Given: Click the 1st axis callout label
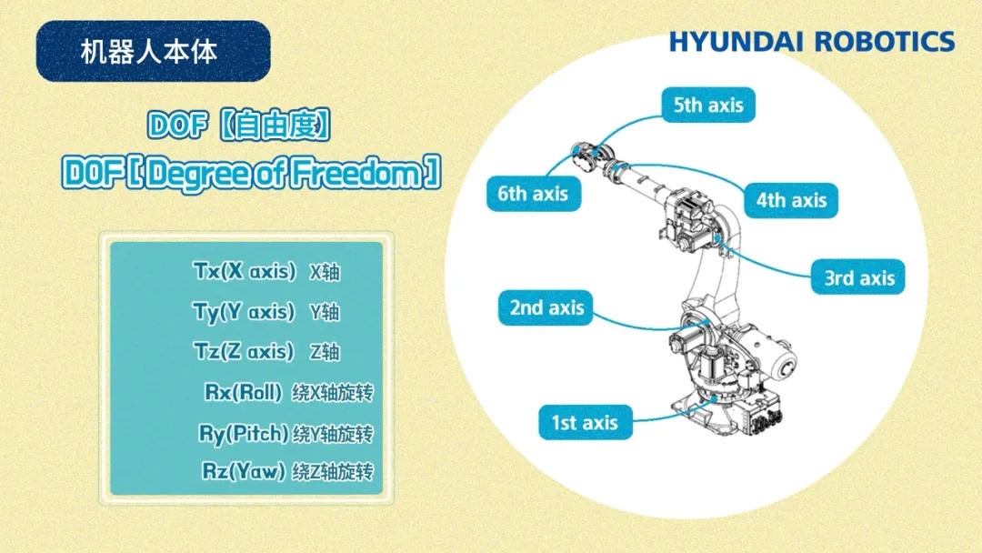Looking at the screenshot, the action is pyautogui.click(x=586, y=422).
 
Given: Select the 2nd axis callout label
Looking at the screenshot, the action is pyautogui.click(x=546, y=307).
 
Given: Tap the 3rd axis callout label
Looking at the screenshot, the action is pyautogui.click(x=858, y=276).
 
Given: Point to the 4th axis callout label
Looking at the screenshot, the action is pyautogui.click(x=791, y=200).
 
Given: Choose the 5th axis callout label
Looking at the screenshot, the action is pyautogui.click(x=708, y=105).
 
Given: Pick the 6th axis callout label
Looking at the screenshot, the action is pyautogui.click(x=534, y=194).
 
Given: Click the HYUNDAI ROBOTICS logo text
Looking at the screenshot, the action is pyautogui.click(x=812, y=42).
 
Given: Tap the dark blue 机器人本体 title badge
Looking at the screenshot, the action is pyautogui.click(x=154, y=51).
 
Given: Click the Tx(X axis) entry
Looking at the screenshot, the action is pyautogui.click(x=245, y=271).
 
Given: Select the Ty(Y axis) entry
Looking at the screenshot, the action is pyautogui.click(x=244, y=312).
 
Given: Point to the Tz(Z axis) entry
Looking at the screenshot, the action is pyautogui.click(x=244, y=351).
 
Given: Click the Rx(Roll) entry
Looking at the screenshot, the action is pyautogui.click(x=243, y=393).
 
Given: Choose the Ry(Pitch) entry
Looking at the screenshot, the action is pyautogui.click(x=244, y=433).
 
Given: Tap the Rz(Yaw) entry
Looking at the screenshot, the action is pyautogui.click(x=244, y=471).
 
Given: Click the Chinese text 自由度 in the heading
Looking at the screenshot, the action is pyautogui.click(x=274, y=126).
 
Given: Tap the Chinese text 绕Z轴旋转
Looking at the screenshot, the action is pyautogui.click(x=333, y=471).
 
